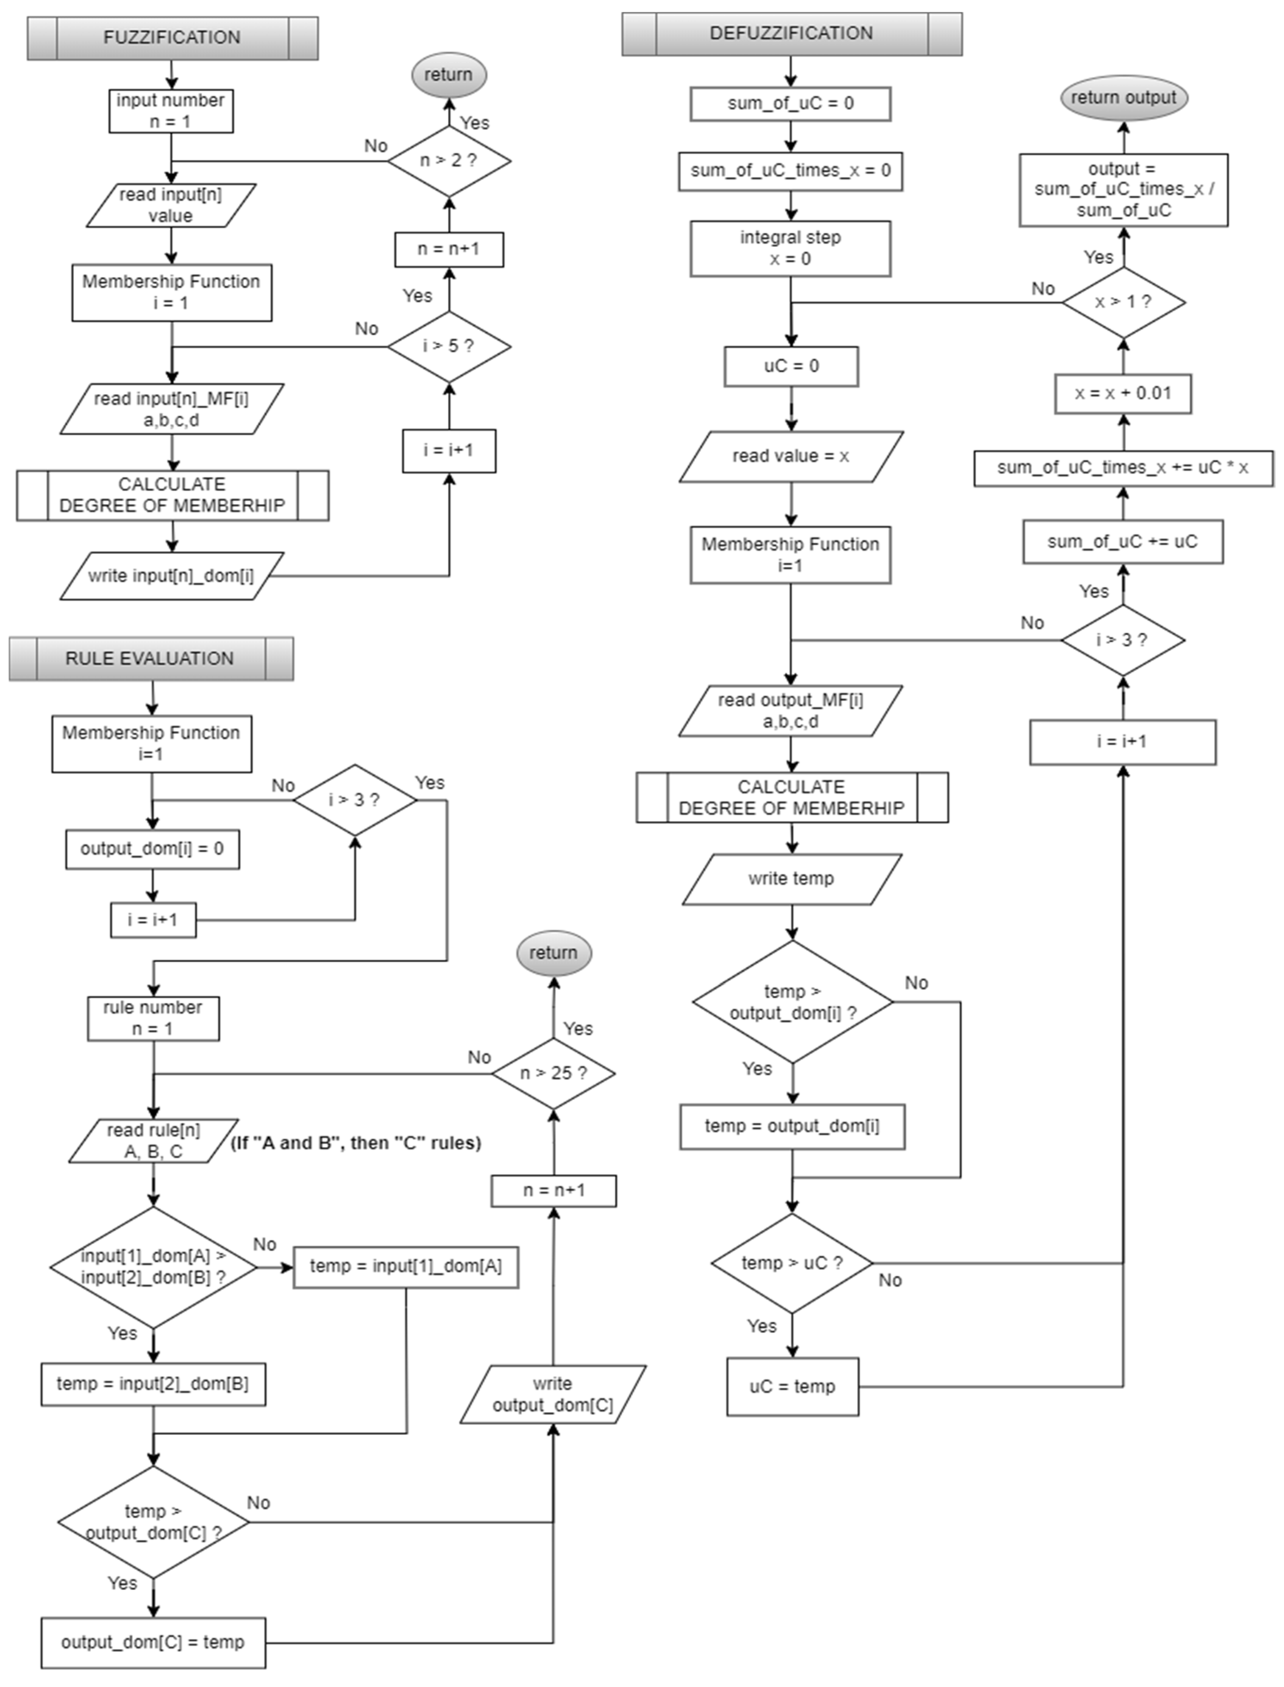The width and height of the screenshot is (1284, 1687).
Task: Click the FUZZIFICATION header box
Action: coord(172,37)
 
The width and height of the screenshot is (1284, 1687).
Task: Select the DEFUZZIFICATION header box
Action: coord(791,34)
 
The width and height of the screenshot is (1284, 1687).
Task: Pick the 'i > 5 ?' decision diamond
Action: coord(449,346)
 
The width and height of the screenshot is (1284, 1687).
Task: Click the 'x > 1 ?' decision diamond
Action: coord(1123,302)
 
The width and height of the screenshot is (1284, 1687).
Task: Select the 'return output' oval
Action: coord(1123,98)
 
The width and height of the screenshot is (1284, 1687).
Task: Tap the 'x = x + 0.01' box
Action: coord(1123,393)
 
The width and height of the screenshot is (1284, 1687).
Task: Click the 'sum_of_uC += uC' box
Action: coord(1123,542)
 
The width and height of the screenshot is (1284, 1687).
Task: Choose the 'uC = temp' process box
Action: coord(792,1386)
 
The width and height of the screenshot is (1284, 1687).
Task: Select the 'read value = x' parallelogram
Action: coord(791,456)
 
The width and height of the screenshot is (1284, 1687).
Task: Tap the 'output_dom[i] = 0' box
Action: coord(152,849)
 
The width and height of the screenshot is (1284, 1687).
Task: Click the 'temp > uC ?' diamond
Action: coord(792,1263)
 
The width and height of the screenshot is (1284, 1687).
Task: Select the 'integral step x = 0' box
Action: coord(790,248)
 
